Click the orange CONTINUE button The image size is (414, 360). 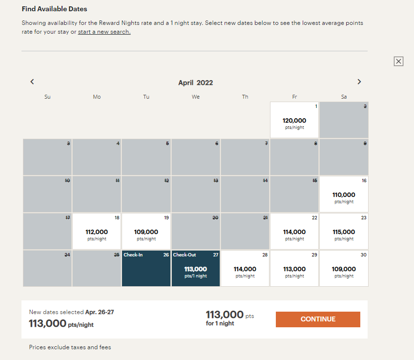pyautogui.click(x=318, y=319)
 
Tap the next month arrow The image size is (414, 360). pyautogui.click(x=359, y=82)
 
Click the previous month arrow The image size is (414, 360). pyautogui.click(x=32, y=82)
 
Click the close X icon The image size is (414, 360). pyautogui.click(x=398, y=61)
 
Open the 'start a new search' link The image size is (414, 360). pyautogui.click(x=104, y=32)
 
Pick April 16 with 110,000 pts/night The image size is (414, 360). pyautogui.click(x=344, y=194)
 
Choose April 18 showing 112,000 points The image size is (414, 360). pyautogui.click(x=97, y=232)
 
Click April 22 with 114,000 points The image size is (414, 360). pyautogui.click(x=294, y=232)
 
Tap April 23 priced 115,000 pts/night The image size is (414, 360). pyautogui.click(x=344, y=232)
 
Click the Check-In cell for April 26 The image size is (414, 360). pyautogui.click(x=146, y=269)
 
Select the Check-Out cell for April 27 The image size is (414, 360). pyautogui.click(x=195, y=269)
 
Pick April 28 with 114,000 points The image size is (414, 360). pyautogui.click(x=245, y=269)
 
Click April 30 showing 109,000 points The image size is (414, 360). pyautogui.click(x=344, y=269)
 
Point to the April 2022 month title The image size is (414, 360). pyautogui.click(x=195, y=83)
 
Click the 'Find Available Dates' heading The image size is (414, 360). pyautogui.click(x=54, y=9)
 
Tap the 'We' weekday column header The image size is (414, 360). pyautogui.click(x=195, y=97)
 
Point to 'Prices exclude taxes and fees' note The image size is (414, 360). pyautogui.click(x=70, y=347)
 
